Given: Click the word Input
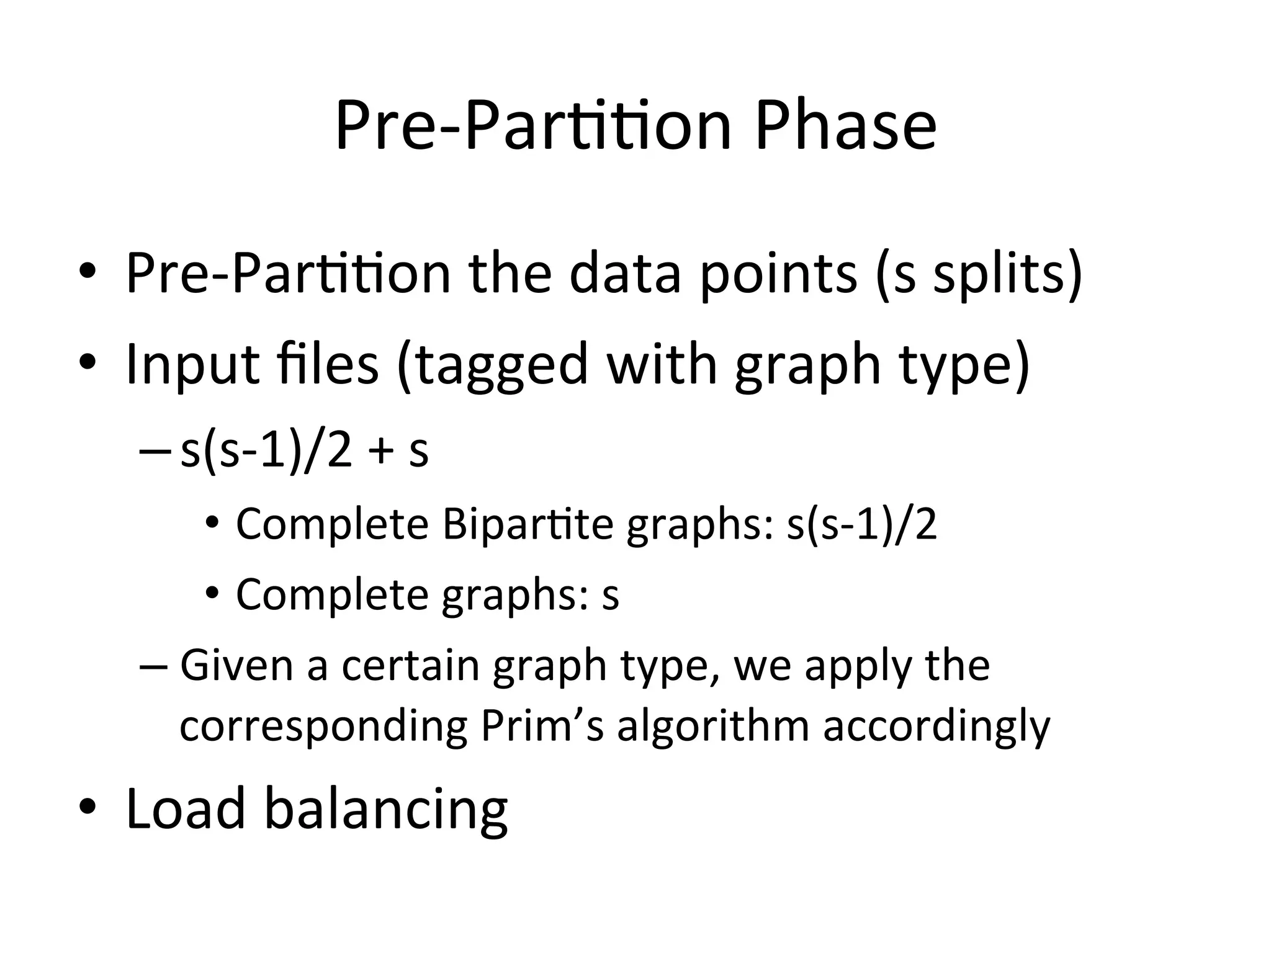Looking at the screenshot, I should click(x=193, y=364).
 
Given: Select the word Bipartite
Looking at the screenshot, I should click(x=528, y=525).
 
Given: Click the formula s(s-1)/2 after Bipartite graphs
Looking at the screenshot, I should click(x=861, y=525).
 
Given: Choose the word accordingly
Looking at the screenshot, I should click(x=936, y=725).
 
